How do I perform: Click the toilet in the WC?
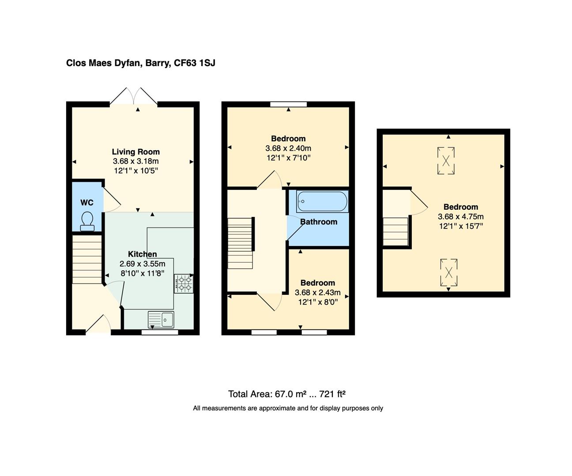pyautogui.click(x=87, y=221)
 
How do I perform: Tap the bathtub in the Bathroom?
pyautogui.click(x=322, y=202)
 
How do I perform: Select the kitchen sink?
pyautogui.click(x=161, y=319)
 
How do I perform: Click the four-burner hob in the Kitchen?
pyautogui.click(x=184, y=283)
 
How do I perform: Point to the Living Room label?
pyautogui.click(x=135, y=152)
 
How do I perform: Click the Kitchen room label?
pyautogui.click(x=142, y=254)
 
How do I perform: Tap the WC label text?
pyautogui.click(x=87, y=203)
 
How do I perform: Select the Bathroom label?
pyautogui.click(x=319, y=222)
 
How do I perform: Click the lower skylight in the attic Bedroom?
pyautogui.click(x=448, y=272)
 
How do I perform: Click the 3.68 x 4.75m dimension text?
pyautogui.click(x=460, y=216)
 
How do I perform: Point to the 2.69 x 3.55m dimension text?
pyautogui.click(x=142, y=264)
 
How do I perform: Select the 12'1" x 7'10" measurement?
pyautogui.click(x=288, y=158)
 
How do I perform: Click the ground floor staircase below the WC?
pyautogui.click(x=87, y=260)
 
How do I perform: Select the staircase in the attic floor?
pyautogui.click(x=395, y=231)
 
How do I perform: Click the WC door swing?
pyautogui.click(x=111, y=201)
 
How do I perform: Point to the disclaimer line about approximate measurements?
pyautogui.click(x=288, y=408)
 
